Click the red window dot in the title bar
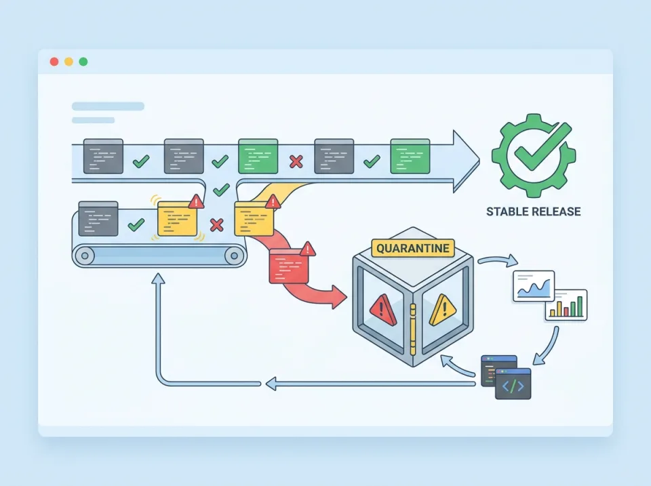pyautogui.click(x=54, y=62)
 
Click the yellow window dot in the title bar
pyautogui.click(x=68, y=62)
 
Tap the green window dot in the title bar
pyautogui.click(x=83, y=62)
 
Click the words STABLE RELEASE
pyautogui.click(x=533, y=211)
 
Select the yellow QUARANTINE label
pyautogui.click(x=412, y=248)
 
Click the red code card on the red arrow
pyautogui.click(x=291, y=265)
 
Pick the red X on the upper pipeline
pyautogui.click(x=296, y=161)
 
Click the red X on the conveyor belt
pyautogui.click(x=217, y=224)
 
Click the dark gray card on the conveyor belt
pyautogui.click(x=98, y=218)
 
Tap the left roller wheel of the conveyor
pyautogui.click(x=85, y=256)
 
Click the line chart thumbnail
pyautogui.click(x=533, y=285)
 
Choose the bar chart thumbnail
pyautogui.click(x=566, y=305)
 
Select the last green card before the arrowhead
pyautogui.click(x=410, y=156)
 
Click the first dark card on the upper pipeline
pyautogui.click(x=103, y=156)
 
